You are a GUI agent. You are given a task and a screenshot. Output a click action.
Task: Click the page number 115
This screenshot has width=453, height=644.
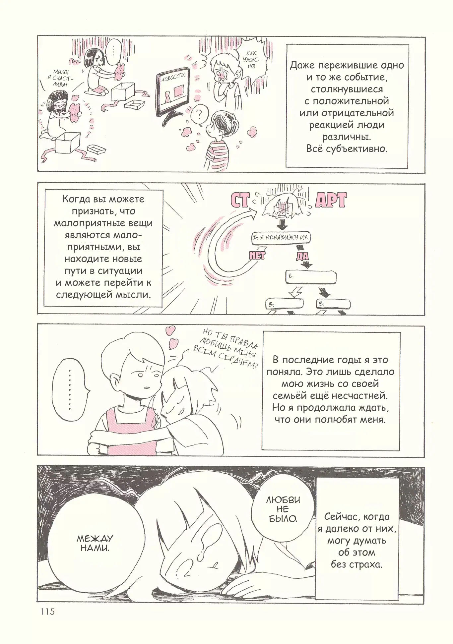pos(48,612)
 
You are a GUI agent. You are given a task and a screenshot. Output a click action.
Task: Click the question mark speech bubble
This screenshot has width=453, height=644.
pos(199,115)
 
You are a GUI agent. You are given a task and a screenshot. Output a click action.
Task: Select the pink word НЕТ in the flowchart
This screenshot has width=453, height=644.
pos(257,255)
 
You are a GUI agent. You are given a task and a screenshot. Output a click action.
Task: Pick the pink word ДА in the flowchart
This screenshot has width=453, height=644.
pos(302,256)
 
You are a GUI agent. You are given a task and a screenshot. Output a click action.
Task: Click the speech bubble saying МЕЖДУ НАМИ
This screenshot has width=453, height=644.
pos(95,544)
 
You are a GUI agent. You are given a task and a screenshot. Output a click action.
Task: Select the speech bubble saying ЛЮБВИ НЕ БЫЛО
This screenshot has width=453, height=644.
pos(283,509)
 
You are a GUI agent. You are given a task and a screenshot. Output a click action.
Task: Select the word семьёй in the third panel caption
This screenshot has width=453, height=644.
pos(290,396)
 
